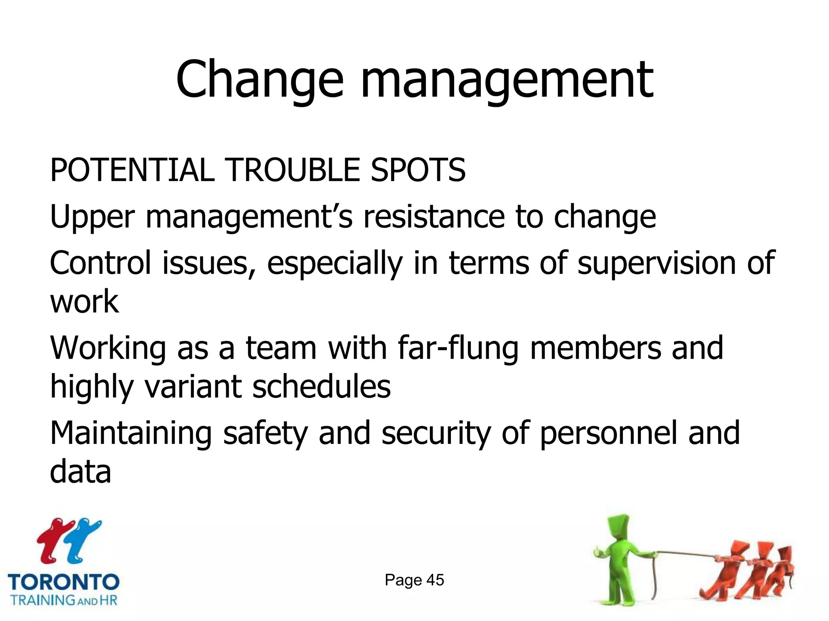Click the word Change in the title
click(x=259, y=80)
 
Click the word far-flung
click(x=458, y=349)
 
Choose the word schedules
click(x=321, y=387)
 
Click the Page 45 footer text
click(x=414, y=580)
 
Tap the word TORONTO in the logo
click(x=64, y=582)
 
